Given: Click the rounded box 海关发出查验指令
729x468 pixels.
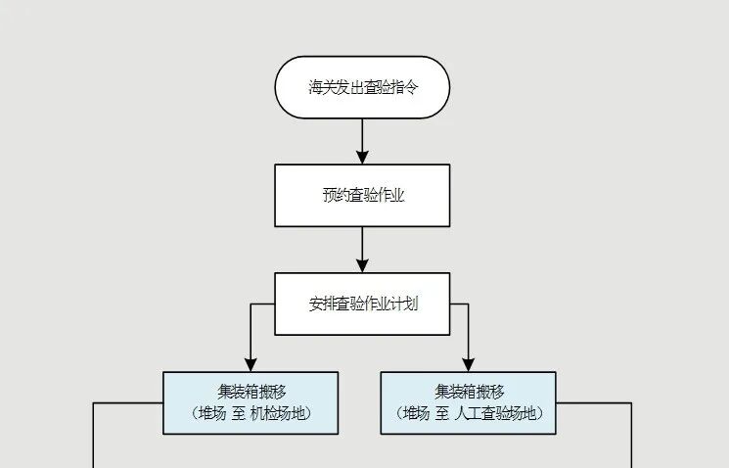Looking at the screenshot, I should pyautogui.click(x=362, y=87).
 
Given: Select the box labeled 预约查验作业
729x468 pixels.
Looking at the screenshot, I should pyautogui.click(x=362, y=195).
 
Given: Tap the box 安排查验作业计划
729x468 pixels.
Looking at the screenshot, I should pyautogui.click(x=362, y=304).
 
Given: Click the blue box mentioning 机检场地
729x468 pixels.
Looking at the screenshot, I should pyautogui.click(x=251, y=402).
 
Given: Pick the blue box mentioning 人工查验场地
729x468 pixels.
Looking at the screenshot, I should pyautogui.click(x=468, y=402).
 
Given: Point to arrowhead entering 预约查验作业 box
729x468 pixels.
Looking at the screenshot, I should pyautogui.click(x=362, y=157).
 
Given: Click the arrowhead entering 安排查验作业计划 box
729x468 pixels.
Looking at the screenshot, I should pyautogui.click(x=362, y=265).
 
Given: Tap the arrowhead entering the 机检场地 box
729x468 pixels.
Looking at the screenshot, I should pyautogui.click(x=251, y=364).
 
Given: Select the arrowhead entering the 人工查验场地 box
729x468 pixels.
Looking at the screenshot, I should pyautogui.click(x=468, y=364).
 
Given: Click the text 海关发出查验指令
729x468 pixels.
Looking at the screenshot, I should pyautogui.click(x=362, y=87).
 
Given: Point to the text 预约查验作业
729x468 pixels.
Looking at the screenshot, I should pyautogui.click(x=362, y=195).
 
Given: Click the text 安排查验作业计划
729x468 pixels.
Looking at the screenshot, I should pyautogui.click(x=362, y=304).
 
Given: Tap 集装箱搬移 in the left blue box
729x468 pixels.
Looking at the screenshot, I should pyautogui.click(x=251, y=391).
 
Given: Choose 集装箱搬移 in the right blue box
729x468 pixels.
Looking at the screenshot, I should pyautogui.click(x=468, y=391).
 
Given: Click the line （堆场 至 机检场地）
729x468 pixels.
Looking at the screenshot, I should pyautogui.click(x=251, y=413).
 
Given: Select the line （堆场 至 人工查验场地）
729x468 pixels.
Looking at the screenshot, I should pyautogui.click(x=468, y=413).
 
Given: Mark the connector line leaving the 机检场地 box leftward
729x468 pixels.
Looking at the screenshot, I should pyautogui.click(x=127, y=402).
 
